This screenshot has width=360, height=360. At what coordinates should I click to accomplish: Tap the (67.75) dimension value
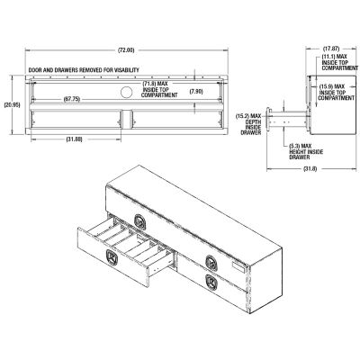click(x=73, y=99)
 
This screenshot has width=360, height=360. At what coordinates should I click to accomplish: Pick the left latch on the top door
click(x=139, y=220)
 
